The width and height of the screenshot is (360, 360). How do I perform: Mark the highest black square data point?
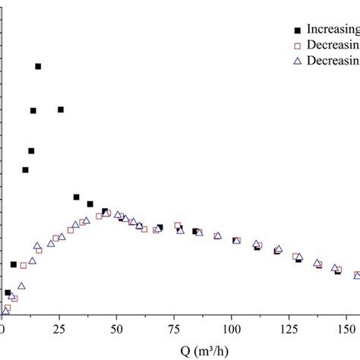click(38, 67)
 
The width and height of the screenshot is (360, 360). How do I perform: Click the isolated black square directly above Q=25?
click(61, 109)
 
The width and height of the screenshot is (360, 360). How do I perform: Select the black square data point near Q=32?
click(76, 197)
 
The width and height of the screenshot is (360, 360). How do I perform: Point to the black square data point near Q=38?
click(90, 204)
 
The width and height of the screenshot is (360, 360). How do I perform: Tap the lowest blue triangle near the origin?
click(5, 311)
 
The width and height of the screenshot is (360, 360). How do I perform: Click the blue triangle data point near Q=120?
click(279, 249)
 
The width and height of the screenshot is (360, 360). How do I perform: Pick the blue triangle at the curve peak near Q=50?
click(118, 215)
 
